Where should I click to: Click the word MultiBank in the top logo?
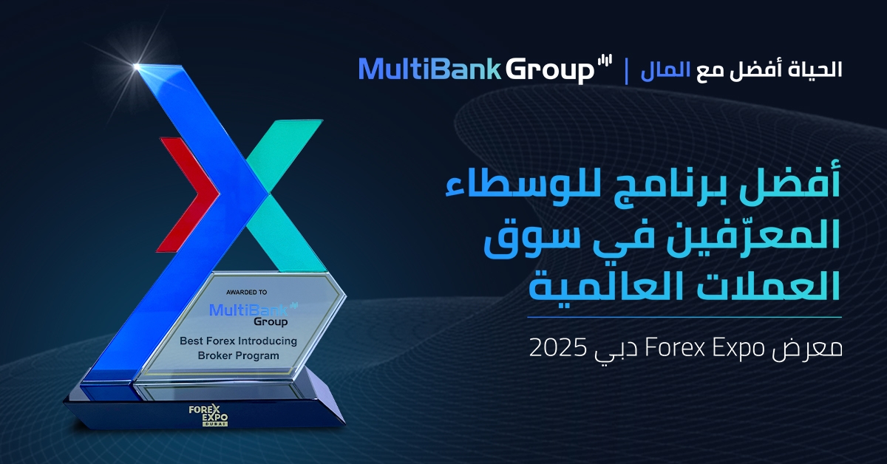click(x=429, y=69)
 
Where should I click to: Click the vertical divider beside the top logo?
click(x=627, y=71)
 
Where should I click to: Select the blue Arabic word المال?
click(x=666, y=69)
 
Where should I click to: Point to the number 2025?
click(x=557, y=347)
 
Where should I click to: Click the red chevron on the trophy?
click(x=187, y=194)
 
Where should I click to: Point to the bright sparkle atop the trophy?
click(x=137, y=66)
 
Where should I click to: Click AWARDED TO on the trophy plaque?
click(x=246, y=292)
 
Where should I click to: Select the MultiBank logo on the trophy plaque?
click(x=254, y=314)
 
